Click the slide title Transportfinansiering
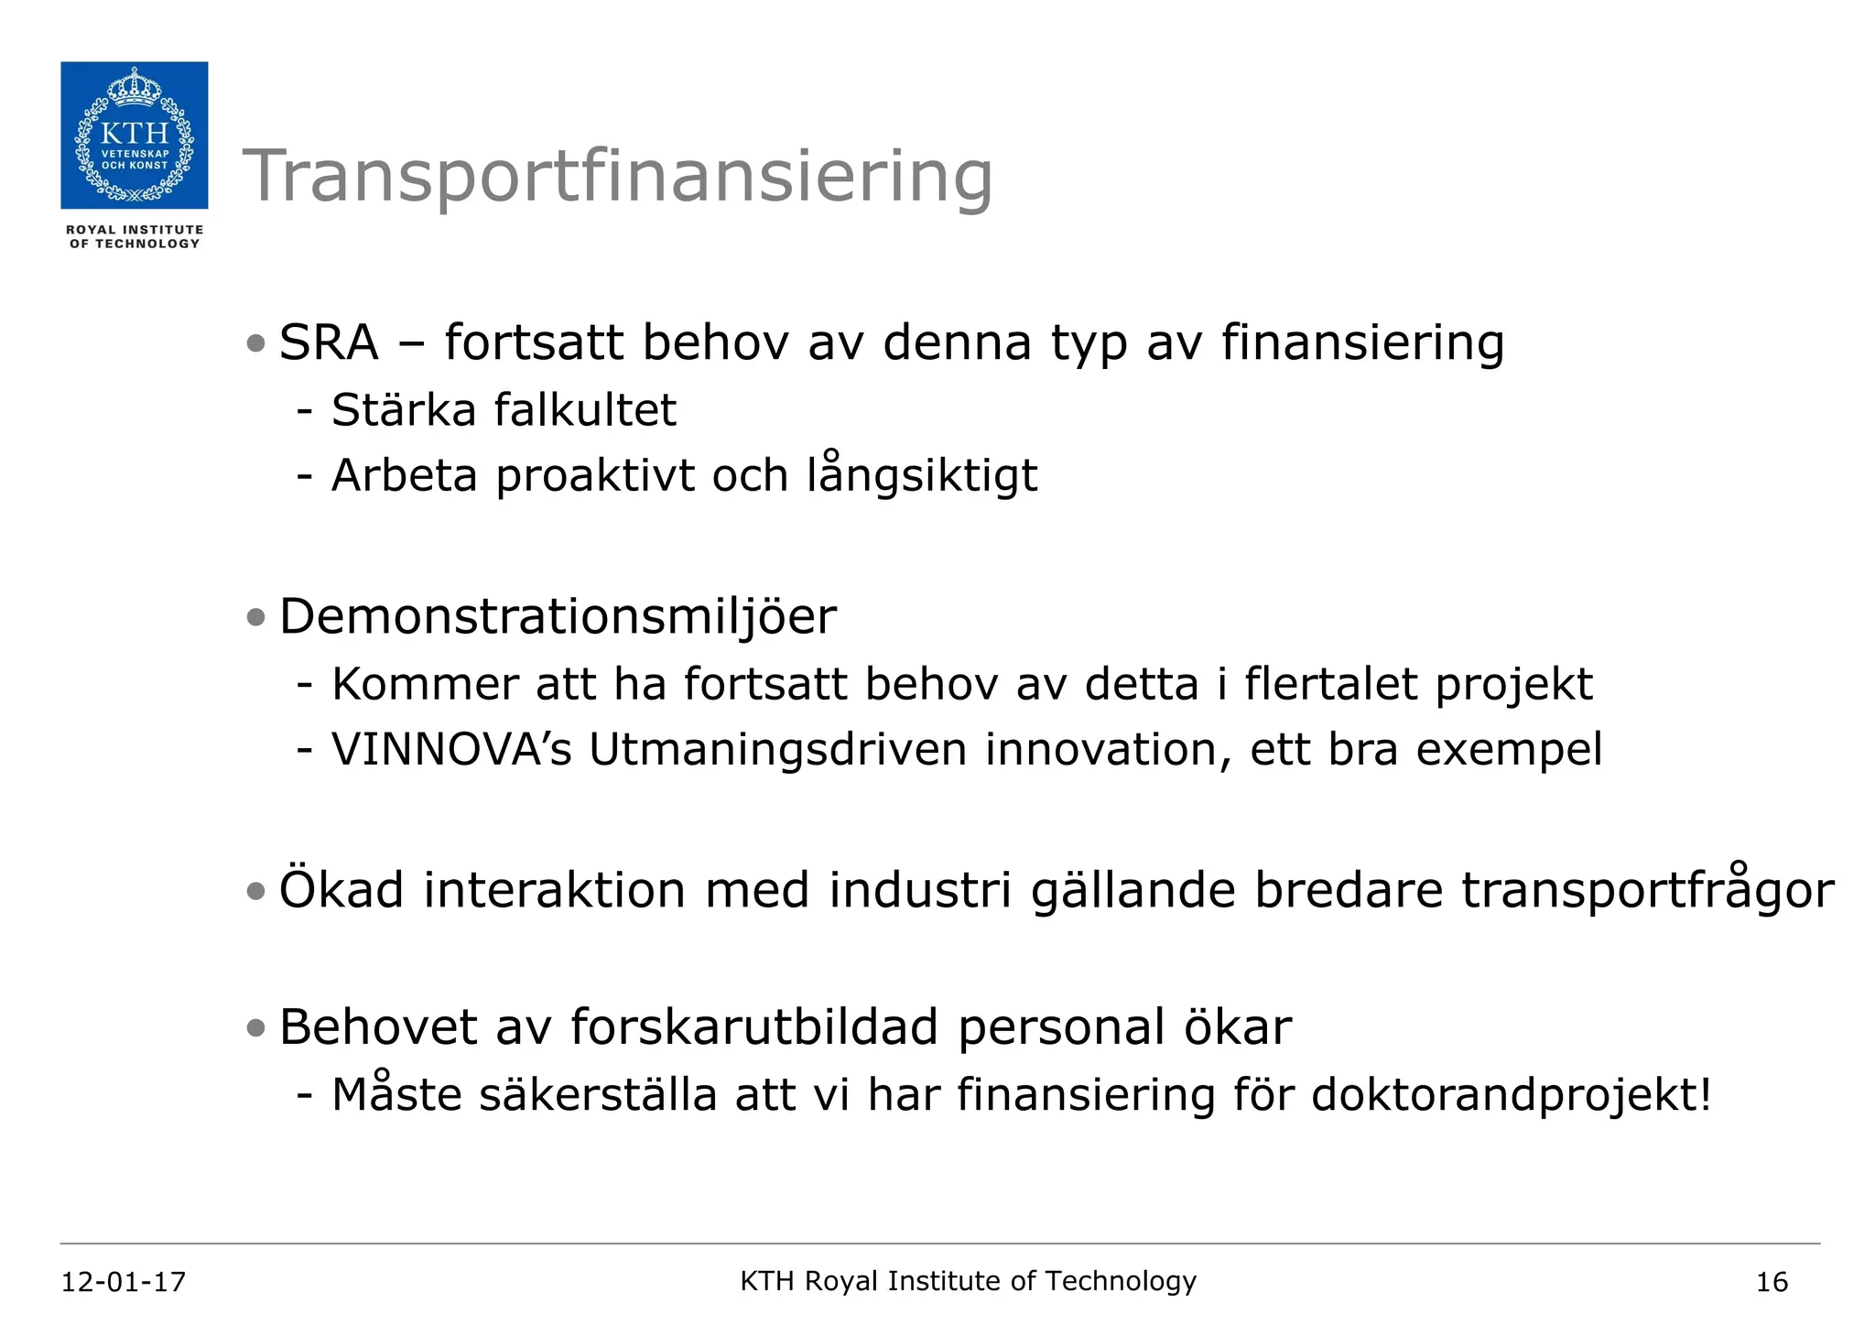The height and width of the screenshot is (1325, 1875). pos(617,176)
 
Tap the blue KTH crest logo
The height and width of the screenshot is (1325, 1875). pos(135,136)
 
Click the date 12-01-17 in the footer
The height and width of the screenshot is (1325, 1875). pos(124,1282)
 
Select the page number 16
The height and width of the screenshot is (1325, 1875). pos(1772,1282)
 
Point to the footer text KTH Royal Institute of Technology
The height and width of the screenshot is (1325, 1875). pos(968,1281)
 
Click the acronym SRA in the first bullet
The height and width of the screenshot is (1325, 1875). pos(329,343)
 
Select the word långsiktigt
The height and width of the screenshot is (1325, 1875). pos(922,476)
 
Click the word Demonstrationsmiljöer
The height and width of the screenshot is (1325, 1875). pos(558,616)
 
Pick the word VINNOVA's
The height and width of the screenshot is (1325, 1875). pos(451,750)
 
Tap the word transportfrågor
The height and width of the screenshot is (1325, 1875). pos(1647,890)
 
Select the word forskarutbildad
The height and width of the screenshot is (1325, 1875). pos(754,1027)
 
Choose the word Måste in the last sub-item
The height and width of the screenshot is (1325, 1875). pos(396,1093)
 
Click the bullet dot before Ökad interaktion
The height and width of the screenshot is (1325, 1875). pos(255,891)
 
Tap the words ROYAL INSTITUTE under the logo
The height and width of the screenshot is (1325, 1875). pos(135,230)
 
